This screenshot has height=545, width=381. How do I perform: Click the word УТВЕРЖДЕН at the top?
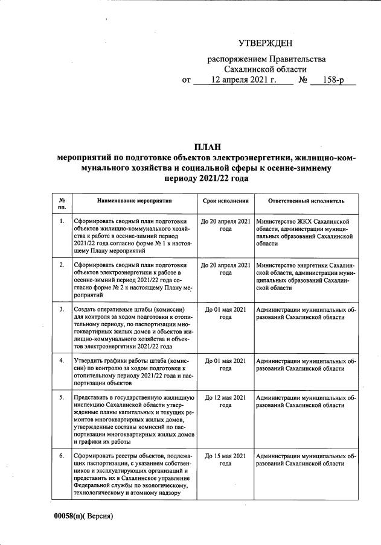coord(266,43)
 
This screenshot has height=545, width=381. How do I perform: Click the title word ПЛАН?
coord(207,147)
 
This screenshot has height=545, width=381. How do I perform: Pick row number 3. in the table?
coord(62,309)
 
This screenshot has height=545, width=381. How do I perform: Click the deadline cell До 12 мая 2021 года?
coord(225,401)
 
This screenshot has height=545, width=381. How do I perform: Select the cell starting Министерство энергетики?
coord(306,276)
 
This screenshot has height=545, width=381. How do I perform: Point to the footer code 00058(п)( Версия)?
coord(82,516)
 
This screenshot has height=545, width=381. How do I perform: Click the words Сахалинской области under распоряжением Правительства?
coord(266,69)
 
